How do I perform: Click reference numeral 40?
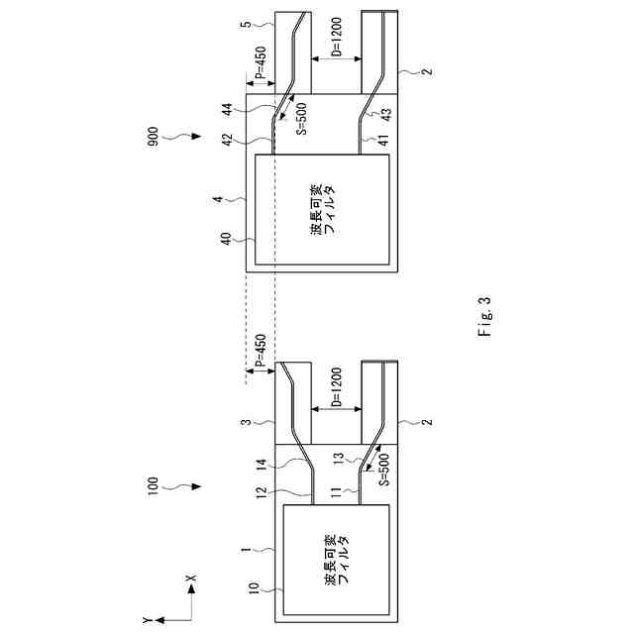(225, 238)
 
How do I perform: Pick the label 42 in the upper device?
(225, 142)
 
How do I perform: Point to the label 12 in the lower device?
(259, 490)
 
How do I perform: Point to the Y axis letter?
(147, 619)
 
